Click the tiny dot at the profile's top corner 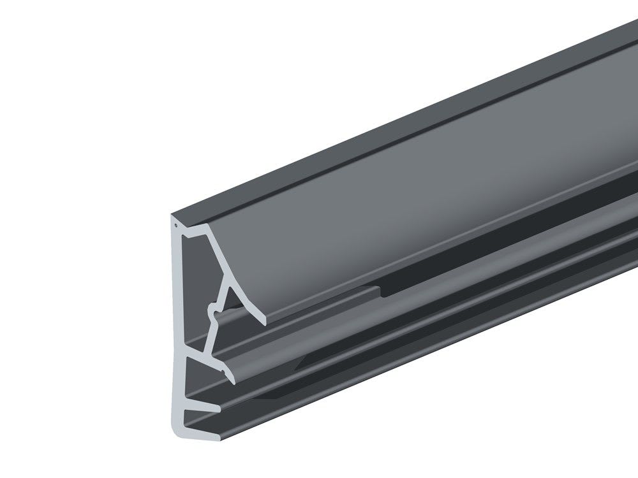(175, 225)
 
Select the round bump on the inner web (212, 312)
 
